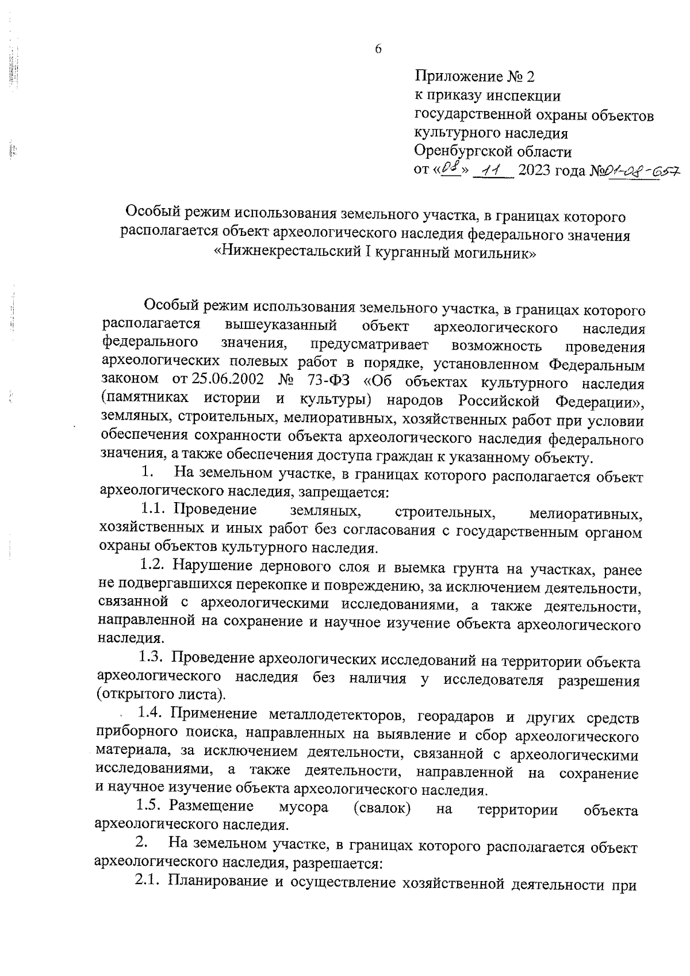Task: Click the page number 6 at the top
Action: tap(378, 49)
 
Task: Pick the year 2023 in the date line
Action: tap(537, 171)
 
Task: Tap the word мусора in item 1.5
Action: tap(304, 807)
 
